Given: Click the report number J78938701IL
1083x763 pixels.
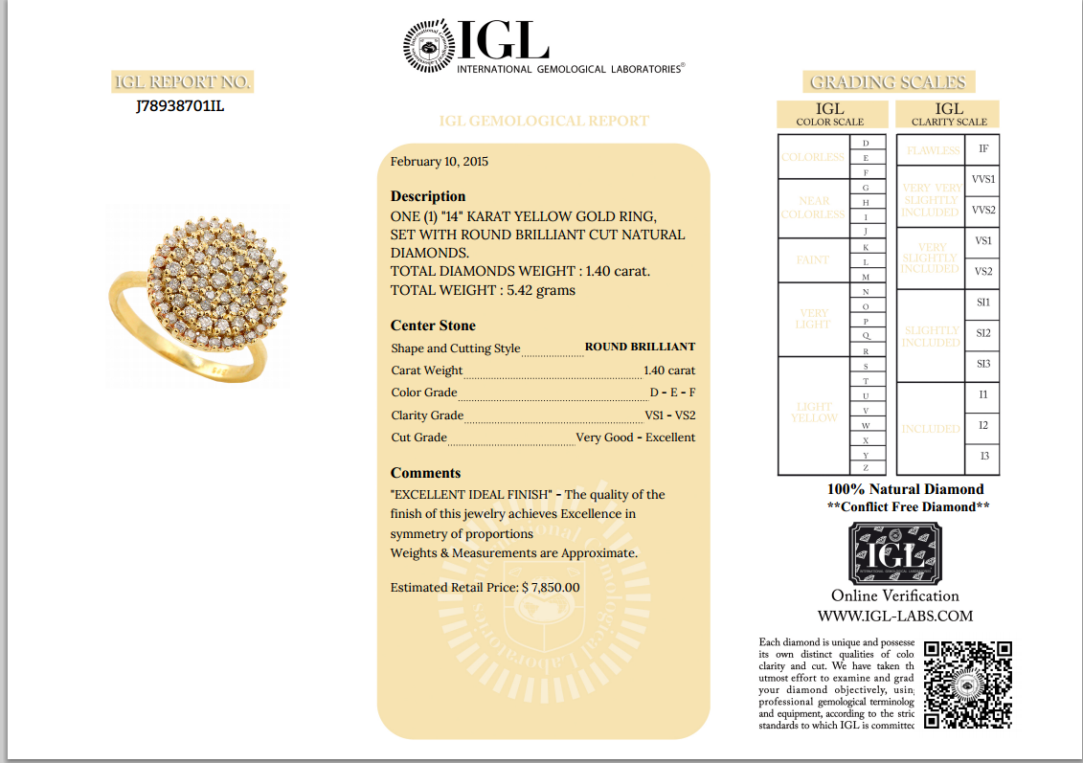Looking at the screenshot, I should pyautogui.click(x=180, y=106).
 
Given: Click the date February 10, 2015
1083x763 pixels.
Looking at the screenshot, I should pyautogui.click(x=440, y=162).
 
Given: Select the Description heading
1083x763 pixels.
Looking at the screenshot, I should pyautogui.click(x=428, y=196).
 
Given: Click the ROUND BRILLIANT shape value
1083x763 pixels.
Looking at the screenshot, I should pyautogui.click(x=640, y=347).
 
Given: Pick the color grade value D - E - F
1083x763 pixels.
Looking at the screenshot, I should pyautogui.click(x=672, y=393).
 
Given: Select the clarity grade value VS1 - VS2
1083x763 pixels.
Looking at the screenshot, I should pyautogui.click(x=670, y=415).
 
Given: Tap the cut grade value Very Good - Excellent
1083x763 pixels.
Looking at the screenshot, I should pyautogui.click(x=635, y=438).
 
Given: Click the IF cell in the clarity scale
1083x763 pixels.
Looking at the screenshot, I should pyautogui.click(x=982, y=149).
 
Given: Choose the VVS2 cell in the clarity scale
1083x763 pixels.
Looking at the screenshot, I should pyautogui.click(x=982, y=210).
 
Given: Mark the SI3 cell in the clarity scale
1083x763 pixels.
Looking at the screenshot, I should pyautogui.click(x=982, y=364).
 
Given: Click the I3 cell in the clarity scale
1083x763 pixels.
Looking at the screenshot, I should pyautogui.click(x=982, y=457).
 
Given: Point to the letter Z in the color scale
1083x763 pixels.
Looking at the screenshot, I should pyautogui.click(x=866, y=468).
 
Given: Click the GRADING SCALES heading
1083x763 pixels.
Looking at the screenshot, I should pyautogui.click(x=888, y=82).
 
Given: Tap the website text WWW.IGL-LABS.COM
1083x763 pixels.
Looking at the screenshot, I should pyautogui.click(x=894, y=617).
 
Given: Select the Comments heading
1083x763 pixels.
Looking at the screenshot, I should pyautogui.click(x=425, y=473).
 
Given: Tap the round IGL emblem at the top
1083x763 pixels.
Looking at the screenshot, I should pyautogui.click(x=428, y=47).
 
